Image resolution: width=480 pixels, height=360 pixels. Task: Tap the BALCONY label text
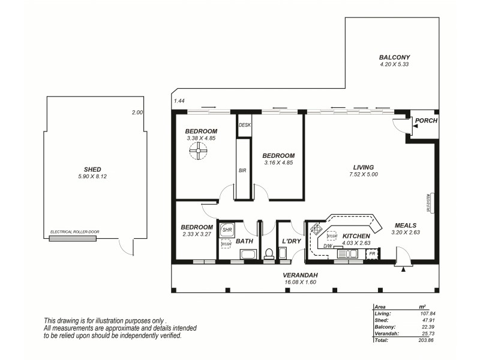(394, 58)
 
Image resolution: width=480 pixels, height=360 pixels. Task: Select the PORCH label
(426, 121)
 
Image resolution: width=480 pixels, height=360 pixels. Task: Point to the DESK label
(244, 125)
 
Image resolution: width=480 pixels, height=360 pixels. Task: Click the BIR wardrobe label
(242, 170)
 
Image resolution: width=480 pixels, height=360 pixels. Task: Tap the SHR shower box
(227, 230)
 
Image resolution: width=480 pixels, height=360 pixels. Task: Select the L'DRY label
(291, 241)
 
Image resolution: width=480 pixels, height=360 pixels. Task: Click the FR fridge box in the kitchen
(372, 254)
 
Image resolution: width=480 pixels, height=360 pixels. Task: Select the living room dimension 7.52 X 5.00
(364, 175)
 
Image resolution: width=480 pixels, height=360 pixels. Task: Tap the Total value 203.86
(425, 340)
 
